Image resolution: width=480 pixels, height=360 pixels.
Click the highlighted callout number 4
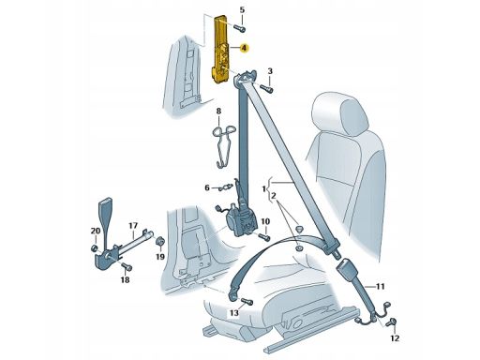click(244, 49)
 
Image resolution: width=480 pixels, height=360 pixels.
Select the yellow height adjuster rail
click(222, 50)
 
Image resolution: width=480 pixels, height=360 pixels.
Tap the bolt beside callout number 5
click(240, 28)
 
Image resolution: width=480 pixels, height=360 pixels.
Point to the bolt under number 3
click(267, 89)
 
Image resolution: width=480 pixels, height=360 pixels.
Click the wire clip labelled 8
click(224, 144)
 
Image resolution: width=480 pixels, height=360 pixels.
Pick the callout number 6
click(207, 187)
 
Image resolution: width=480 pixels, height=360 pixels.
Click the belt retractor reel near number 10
click(242, 220)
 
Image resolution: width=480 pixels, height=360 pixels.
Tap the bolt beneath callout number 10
click(264, 237)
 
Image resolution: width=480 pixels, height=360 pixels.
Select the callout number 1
click(264, 188)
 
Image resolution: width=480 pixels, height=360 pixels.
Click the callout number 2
click(274, 196)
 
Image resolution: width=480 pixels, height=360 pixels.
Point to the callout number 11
click(380, 286)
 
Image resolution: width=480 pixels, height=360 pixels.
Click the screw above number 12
click(391, 322)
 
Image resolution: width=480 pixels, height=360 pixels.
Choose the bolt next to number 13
click(247, 302)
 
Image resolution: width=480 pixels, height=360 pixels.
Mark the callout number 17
click(133, 226)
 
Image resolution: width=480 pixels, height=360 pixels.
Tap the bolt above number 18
click(127, 267)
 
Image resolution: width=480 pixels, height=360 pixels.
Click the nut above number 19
click(159, 242)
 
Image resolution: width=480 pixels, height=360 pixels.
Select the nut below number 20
click(94, 248)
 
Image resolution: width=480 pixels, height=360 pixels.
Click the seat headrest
click(340, 115)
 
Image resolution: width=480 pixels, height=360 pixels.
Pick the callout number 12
click(395, 337)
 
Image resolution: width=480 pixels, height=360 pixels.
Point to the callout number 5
click(242, 9)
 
